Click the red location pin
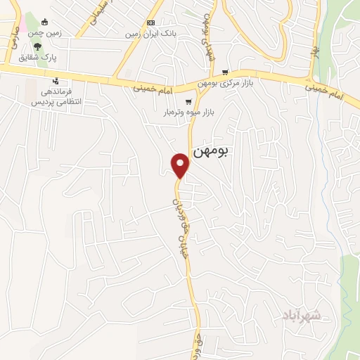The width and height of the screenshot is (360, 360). (x=181, y=165)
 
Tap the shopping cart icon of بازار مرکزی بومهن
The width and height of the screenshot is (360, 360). (x=225, y=72)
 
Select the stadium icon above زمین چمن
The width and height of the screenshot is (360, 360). (x=46, y=21)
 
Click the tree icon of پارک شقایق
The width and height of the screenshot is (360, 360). (x=47, y=47)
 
